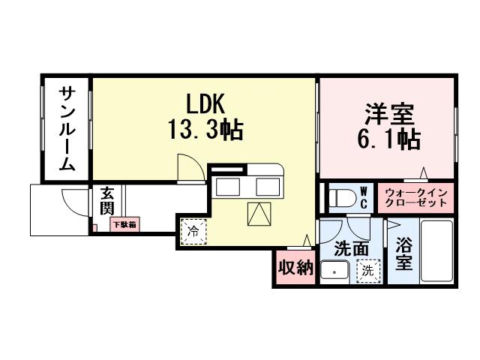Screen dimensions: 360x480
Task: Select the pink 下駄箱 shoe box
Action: click(124, 223)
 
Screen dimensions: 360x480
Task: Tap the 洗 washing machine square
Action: click(367, 269)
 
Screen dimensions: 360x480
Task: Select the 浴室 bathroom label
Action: click(403, 255)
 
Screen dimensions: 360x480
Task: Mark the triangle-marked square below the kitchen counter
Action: click(260, 215)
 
